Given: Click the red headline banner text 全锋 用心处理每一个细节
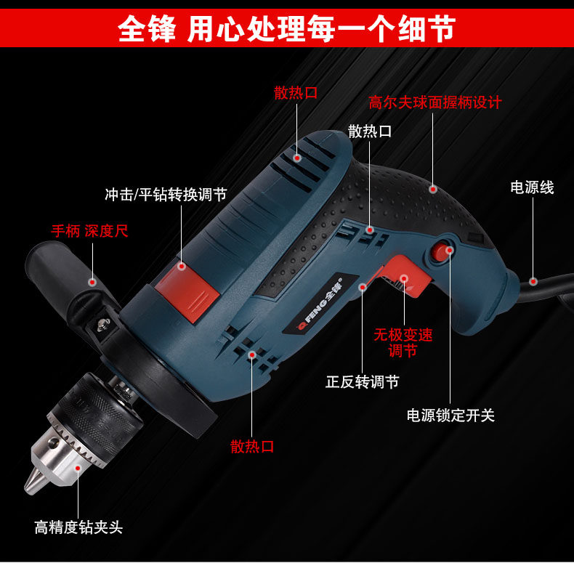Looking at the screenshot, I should click(286, 30).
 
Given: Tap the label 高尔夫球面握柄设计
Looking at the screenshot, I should click(434, 102).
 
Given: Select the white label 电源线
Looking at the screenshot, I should click(532, 187).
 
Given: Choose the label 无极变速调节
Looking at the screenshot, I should click(403, 343).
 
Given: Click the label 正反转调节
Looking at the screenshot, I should click(362, 381).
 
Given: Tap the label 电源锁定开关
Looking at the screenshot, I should click(450, 416).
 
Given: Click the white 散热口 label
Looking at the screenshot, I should click(370, 131).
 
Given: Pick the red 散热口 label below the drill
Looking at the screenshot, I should click(253, 446).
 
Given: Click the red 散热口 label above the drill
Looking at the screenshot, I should click(296, 93).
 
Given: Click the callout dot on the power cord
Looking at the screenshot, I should click(533, 280).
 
